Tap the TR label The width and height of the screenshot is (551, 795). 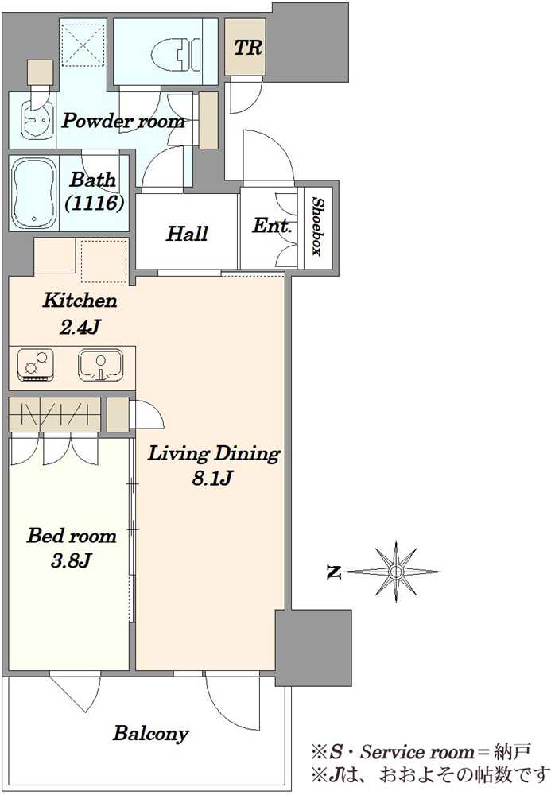coord(248,48)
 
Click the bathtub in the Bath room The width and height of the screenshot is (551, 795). coord(34,192)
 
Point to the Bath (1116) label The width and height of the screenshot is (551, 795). coord(95,191)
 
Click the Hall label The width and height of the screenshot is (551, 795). coord(187,234)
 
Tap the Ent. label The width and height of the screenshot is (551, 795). coord(272,225)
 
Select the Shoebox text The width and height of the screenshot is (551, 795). coord(318,226)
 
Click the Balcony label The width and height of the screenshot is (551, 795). coord(150,733)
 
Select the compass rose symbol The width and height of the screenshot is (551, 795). coord(395,572)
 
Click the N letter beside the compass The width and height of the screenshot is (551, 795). coord(333,572)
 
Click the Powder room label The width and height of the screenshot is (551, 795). coord(123,121)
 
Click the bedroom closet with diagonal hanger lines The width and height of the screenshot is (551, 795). coord(55,414)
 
